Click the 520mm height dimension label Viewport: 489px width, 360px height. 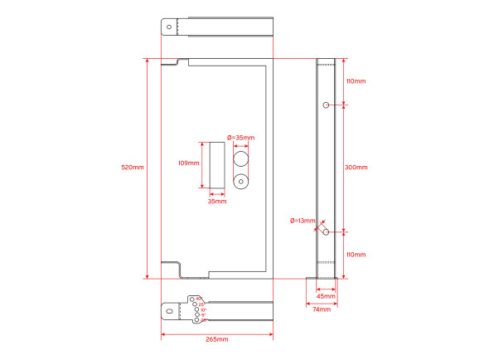133,168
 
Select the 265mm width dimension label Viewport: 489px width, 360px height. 216,339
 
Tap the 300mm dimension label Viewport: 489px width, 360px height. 356,168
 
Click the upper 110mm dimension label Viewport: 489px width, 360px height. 356,81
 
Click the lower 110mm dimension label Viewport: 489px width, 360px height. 356,255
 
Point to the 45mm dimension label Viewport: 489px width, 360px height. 326,295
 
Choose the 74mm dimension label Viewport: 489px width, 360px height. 321,309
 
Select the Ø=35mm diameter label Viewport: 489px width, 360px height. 240,138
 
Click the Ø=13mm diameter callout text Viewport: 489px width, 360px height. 303,221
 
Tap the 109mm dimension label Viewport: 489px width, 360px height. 189,163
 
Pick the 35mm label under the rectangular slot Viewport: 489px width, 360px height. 216,201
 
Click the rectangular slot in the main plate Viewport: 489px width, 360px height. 216,164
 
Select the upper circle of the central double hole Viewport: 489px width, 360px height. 241,157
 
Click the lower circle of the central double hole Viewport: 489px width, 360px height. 241,180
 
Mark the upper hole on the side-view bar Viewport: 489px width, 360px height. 327,105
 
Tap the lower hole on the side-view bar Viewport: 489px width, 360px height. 327,232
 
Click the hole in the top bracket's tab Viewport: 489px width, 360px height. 169,27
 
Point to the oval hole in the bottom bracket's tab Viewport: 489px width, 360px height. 171,310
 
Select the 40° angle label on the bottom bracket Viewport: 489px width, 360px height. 200,298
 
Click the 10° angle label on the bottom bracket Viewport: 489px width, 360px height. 203,309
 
